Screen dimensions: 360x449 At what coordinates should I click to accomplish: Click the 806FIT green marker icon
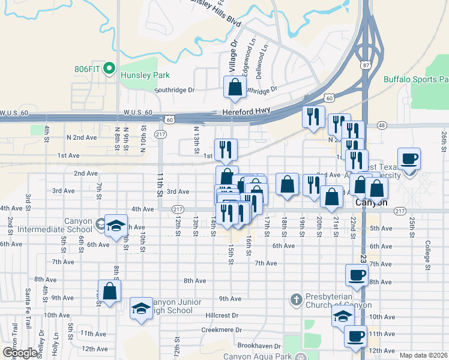[109, 68]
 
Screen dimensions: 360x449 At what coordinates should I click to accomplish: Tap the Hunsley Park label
[145, 76]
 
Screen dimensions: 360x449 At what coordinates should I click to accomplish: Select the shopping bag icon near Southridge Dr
[235, 87]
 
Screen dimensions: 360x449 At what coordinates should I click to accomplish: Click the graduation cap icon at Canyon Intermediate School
[116, 226]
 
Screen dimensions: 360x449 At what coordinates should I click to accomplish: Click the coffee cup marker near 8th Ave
[357, 275]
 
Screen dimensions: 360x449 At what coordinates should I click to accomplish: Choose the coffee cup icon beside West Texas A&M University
[409, 159]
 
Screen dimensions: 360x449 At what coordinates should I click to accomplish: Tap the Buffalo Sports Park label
[416, 79]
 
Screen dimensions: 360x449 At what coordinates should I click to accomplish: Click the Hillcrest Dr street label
[222, 315]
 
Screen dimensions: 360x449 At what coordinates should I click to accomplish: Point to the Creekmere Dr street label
[221, 330]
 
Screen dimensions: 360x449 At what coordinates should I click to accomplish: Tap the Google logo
[20, 353]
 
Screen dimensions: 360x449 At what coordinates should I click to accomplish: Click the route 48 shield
[381, 125]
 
